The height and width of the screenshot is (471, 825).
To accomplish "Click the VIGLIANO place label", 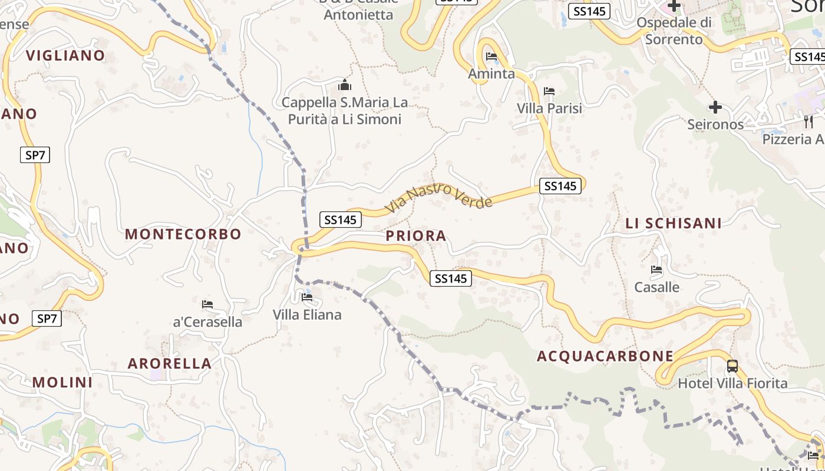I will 65,55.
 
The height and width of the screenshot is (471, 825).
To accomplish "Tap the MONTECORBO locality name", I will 183,234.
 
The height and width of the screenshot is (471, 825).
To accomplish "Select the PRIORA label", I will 416,236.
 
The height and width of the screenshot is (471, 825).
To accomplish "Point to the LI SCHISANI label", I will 674,223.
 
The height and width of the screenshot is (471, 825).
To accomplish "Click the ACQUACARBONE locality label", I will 605,356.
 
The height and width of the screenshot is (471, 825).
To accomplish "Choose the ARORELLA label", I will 170,363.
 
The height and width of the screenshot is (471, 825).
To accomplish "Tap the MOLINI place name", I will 62,382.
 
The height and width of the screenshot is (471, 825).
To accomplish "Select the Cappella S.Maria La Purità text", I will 345,111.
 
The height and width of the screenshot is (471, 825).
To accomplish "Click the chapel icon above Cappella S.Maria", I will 345,85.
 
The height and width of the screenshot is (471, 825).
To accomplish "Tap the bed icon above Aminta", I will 491,57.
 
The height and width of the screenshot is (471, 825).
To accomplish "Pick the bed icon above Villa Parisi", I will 549,91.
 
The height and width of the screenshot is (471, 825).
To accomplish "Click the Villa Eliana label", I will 307,315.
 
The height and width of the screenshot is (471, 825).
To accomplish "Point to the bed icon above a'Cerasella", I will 207,304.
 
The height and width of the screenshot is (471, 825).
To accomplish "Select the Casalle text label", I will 656,287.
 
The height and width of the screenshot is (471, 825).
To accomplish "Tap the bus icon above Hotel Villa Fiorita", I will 732,366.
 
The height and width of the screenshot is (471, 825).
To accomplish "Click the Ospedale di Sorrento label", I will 674,31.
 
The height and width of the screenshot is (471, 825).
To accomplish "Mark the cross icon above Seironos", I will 715,107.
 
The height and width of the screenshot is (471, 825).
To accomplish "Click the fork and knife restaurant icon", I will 808,122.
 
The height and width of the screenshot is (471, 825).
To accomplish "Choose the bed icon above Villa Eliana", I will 307,297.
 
